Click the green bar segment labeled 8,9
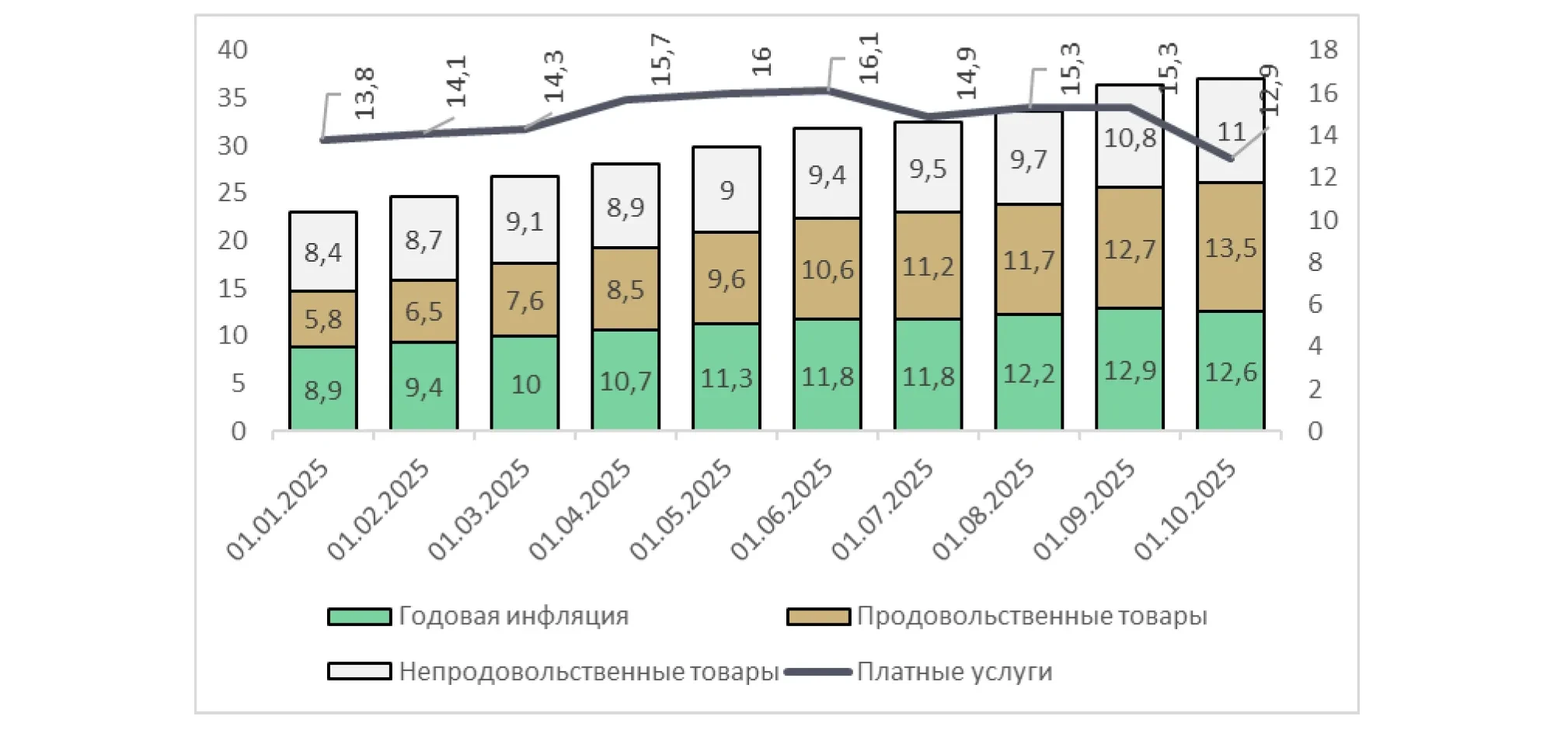tap(322, 388)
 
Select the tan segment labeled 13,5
tap(1230, 249)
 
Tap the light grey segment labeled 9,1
tap(524, 222)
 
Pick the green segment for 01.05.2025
tap(726, 378)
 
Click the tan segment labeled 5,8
tap(322, 319)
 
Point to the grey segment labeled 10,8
tap(1130, 138)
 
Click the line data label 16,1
tap(868, 58)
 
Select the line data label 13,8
tap(364, 93)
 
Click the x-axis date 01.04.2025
tap(580, 509)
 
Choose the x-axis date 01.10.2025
tap(1186, 509)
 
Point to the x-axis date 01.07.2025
tap(883, 509)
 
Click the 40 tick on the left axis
tap(232, 50)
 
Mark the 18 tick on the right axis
tap(1323, 50)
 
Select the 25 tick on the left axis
tap(232, 193)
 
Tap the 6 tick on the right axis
tap(1315, 304)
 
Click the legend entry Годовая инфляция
tap(513, 616)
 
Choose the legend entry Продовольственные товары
tap(1031, 616)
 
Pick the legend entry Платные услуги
tap(954, 672)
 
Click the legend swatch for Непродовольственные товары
tap(359, 672)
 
